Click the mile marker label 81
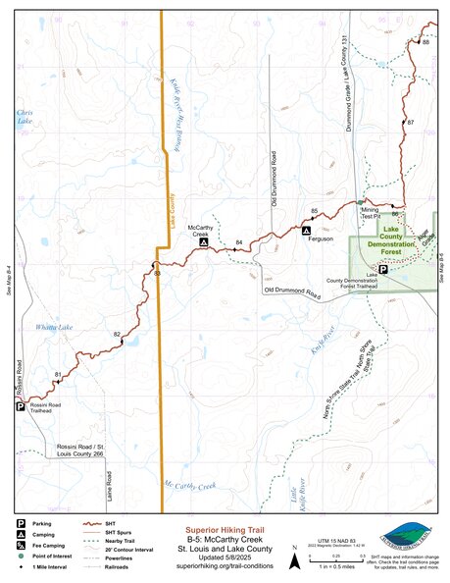pyautogui.click(x=58, y=374)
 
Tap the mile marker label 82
pyautogui.click(x=117, y=336)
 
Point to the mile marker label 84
pyautogui.click(x=239, y=242)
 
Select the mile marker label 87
pyautogui.click(x=411, y=122)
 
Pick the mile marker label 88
pyautogui.click(x=425, y=43)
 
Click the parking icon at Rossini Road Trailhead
pyautogui.click(x=20, y=405)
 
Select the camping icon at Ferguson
pyautogui.click(x=307, y=229)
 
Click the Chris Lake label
pyautogui.click(x=25, y=116)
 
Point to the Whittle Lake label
pyautogui.click(x=54, y=327)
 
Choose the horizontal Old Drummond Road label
pyautogui.click(x=291, y=292)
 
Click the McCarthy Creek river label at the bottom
pyautogui.click(x=189, y=485)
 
